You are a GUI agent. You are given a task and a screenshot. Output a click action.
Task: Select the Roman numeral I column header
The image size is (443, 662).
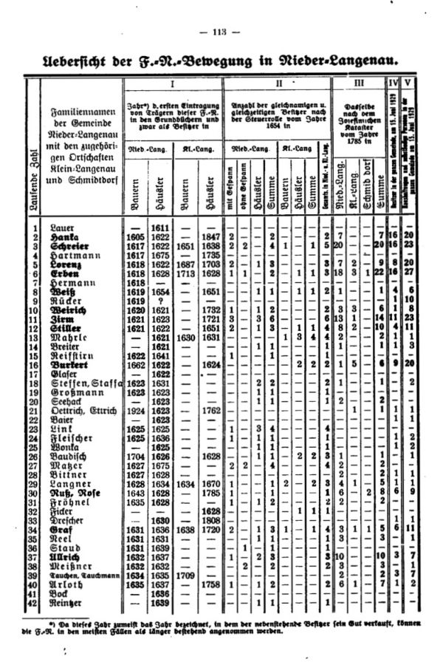[181, 84]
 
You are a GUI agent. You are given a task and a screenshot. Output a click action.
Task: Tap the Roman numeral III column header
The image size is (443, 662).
[358, 84]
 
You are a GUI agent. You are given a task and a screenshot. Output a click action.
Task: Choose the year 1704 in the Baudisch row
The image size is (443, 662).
[134, 458]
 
